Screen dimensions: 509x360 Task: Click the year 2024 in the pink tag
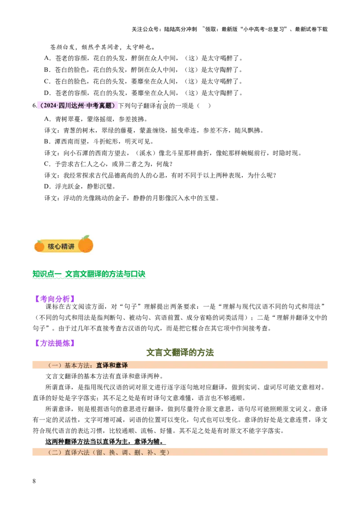click(x=50, y=106)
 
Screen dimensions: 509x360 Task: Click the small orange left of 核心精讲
click(x=40, y=246)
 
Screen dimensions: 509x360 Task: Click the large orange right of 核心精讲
click(x=85, y=245)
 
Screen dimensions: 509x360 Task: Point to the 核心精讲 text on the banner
click(x=61, y=246)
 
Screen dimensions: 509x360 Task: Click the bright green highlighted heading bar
click(x=90, y=275)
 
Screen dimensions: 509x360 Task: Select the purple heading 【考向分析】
click(x=55, y=298)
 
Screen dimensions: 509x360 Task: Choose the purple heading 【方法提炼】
click(x=55, y=343)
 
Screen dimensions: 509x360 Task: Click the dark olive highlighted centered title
click(x=180, y=353)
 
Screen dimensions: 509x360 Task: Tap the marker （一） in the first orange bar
click(x=55, y=366)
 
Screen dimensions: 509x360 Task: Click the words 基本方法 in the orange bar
click(x=77, y=366)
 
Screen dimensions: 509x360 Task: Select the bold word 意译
click(x=121, y=366)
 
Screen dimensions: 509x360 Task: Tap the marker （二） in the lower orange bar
click(x=55, y=452)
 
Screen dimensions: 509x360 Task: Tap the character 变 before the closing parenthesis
click(x=162, y=452)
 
